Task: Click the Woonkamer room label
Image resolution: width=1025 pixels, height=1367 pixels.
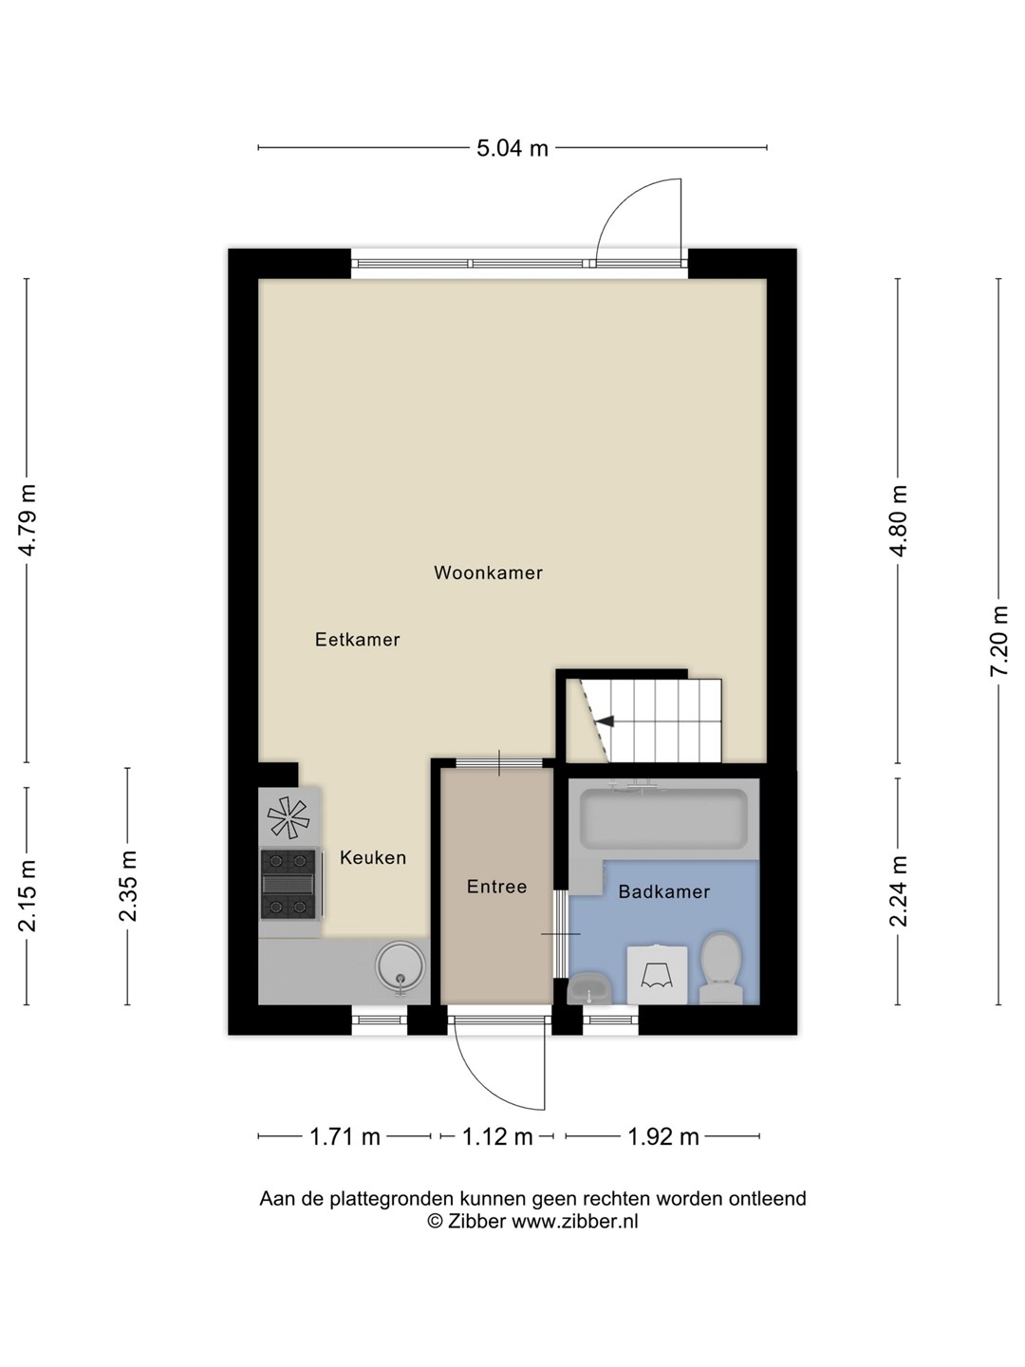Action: [x=488, y=573]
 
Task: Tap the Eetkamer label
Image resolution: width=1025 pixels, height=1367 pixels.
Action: [x=357, y=640]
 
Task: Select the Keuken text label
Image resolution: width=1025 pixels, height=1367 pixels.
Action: [x=373, y=857]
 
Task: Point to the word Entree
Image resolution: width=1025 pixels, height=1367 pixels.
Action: [x=496, y=887]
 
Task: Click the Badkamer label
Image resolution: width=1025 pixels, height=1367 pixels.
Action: [x=664, y=891]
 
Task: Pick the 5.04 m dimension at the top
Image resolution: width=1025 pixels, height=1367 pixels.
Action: [x=512, y=148]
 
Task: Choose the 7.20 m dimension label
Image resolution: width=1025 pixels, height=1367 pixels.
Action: [x=999, y=640]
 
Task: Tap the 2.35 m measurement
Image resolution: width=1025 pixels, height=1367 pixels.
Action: [x=128, y=886]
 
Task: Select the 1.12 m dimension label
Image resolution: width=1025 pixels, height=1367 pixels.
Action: [x=497, y=1137]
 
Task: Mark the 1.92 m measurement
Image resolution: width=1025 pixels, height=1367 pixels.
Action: [x=663, y=1137]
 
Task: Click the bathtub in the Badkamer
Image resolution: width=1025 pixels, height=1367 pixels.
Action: [x=663, y=818]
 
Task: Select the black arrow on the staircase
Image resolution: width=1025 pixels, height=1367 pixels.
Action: [x=604, y=721]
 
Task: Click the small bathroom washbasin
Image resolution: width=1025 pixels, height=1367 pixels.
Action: [x=589, y=989]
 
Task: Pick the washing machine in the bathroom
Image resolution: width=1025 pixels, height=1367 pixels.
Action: [x=657, y=975]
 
